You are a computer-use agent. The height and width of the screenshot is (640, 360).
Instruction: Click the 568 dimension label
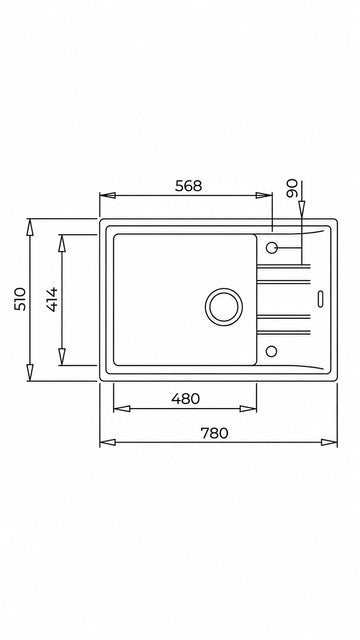point(188,186)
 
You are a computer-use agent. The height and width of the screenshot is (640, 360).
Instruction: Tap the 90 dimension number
point(292,189)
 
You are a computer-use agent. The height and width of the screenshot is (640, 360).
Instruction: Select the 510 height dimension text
point(20,299)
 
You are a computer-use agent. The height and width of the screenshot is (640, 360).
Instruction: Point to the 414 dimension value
point(52,300)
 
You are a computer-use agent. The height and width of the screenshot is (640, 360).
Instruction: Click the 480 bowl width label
point(185,399)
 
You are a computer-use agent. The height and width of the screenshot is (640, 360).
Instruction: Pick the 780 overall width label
point(214,433)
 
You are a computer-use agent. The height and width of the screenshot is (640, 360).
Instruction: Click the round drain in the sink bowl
point(224,307)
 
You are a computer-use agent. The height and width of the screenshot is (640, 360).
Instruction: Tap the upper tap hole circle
point(271,247)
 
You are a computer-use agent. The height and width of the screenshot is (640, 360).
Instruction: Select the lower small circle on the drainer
point(271,351)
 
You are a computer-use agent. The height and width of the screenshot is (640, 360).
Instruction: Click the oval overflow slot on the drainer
point(320,299)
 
